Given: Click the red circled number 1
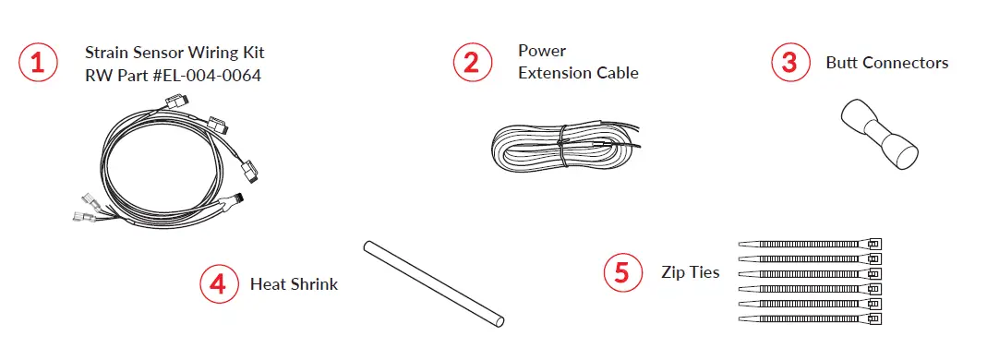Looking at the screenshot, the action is pos(37,63).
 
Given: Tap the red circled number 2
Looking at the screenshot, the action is pos(471,63).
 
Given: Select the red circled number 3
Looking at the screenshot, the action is pos(790,63).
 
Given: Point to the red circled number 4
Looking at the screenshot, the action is pos(218,283).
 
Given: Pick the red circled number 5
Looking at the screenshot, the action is pos(622,272).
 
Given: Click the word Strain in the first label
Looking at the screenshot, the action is pos(106,53).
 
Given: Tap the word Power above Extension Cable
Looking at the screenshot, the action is pos(542,51).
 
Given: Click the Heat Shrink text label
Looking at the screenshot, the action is pos(294,284).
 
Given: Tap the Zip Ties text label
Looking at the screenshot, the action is pos(690,272).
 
